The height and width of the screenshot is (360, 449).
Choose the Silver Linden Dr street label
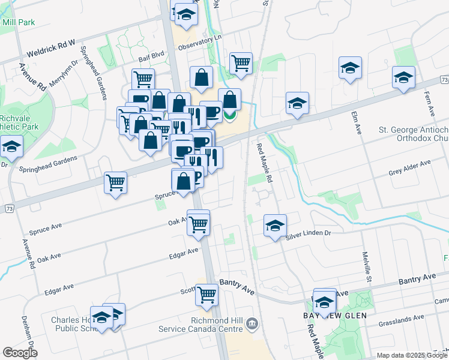click(x=308, y=235)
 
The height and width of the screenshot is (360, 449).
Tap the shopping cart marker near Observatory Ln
click(x=241, y=62)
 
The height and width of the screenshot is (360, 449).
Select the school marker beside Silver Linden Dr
click(x=275, y=226)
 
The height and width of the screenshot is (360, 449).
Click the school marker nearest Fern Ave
click(x=403, y=78)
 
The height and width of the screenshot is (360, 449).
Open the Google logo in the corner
click(x=20, y=353)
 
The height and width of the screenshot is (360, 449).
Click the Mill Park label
click(x=18, y=22)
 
